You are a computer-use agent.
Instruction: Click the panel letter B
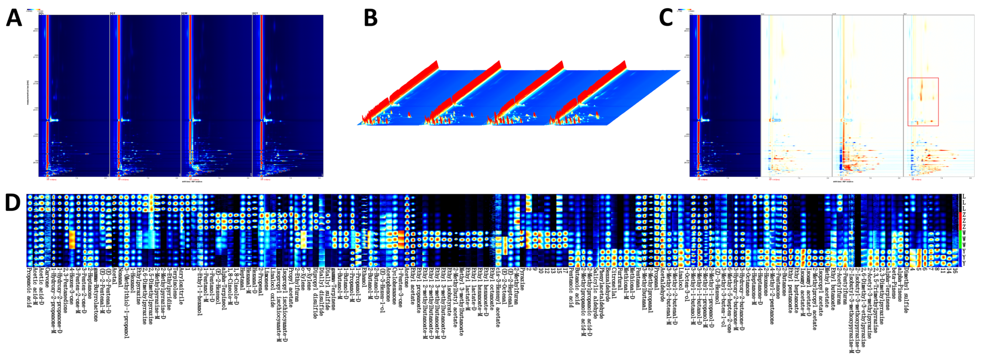click(370, 18)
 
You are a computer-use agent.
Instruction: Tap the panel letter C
click(666, 18)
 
